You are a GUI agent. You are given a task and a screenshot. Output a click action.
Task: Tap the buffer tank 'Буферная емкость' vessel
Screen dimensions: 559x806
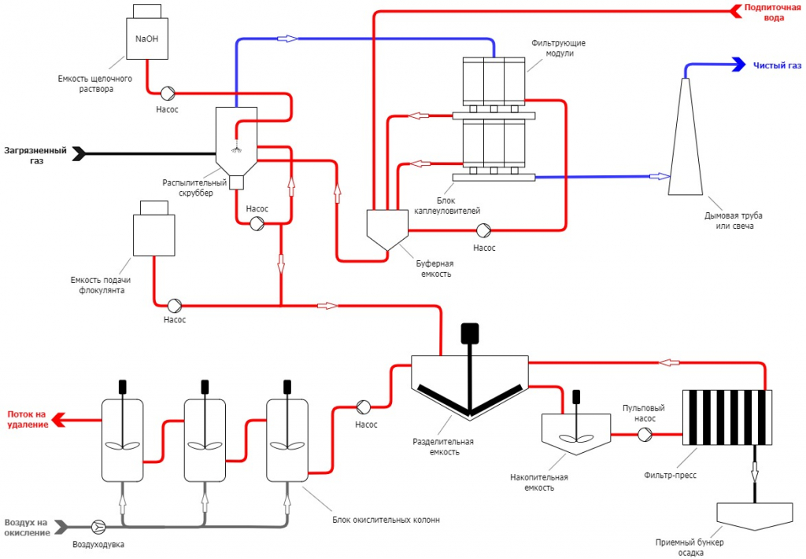387,229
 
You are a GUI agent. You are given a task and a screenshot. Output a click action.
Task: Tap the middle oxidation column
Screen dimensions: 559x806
205,439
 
